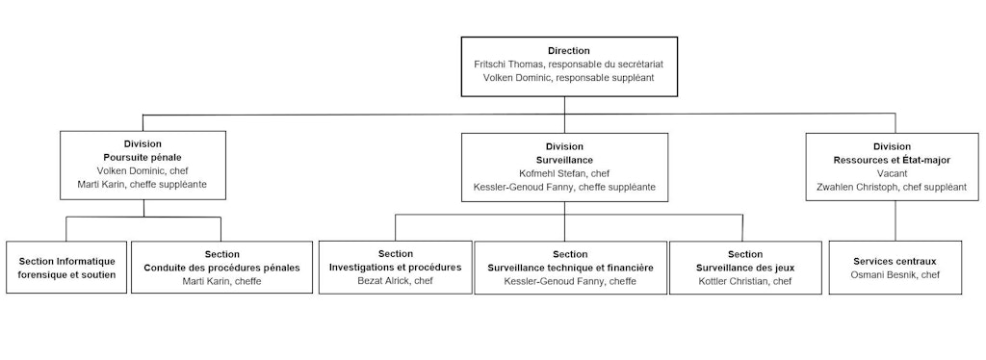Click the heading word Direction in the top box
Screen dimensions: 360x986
click(568, 50)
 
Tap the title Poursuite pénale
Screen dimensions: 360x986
click(143, 157)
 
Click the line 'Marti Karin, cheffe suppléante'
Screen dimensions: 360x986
click(143, 184)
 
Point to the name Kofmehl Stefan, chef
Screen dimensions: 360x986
click(563, 172)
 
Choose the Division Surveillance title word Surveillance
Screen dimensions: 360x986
click(563, 159)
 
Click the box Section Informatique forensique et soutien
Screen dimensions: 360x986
click(66, 268)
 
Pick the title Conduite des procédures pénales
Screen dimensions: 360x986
click(221, 267)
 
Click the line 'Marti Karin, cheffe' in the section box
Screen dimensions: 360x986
click(221, 281)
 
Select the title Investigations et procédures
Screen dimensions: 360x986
click(395, 267)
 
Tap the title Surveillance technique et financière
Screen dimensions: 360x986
click(570, 267)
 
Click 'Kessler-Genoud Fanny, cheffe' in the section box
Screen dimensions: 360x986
click(570, 281)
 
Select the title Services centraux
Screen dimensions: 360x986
click(895, 261)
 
